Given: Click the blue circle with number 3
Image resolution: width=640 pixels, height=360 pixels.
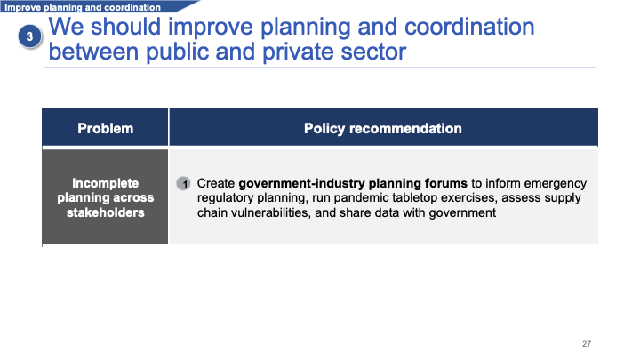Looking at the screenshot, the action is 29,36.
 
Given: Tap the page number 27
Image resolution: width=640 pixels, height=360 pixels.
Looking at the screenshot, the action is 587,344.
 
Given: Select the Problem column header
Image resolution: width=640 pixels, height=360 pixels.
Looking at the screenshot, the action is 105,128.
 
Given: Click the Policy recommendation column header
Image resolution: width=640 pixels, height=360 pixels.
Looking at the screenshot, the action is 383,128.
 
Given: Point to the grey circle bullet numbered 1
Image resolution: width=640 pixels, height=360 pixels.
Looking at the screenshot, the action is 184,184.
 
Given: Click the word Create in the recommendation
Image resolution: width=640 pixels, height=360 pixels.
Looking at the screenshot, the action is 216,183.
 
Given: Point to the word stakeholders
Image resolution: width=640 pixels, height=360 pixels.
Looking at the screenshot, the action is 105,212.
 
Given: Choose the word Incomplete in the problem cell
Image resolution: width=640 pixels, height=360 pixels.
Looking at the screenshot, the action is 105,183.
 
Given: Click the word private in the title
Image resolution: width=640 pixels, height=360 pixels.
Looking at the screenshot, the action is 299,52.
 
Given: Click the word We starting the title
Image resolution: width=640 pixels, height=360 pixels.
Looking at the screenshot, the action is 66,27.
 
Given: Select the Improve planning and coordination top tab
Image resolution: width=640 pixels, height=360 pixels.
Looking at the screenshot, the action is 83,7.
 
